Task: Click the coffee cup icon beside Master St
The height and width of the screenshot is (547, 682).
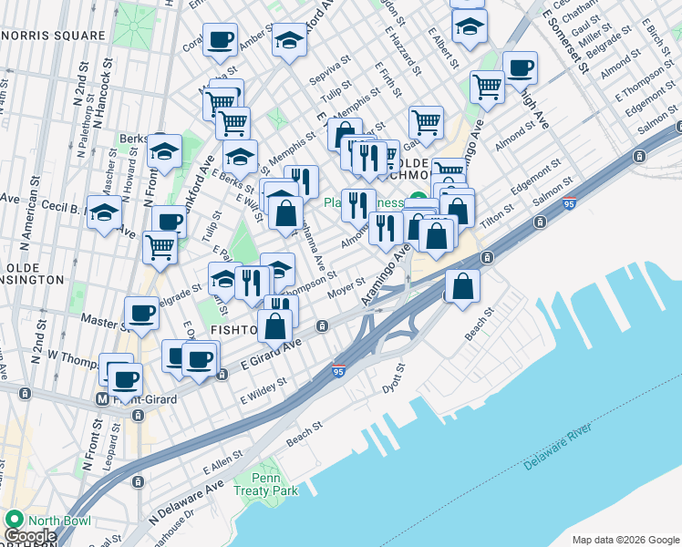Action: tap(141, 313)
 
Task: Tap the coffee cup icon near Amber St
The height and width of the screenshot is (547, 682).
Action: tap(220, 39)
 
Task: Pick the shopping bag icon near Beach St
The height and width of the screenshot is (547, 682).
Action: tap(463, 285)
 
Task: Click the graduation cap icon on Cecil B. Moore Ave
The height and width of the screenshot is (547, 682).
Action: tap(105, 212)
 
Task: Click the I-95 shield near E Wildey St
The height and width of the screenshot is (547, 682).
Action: tap(338, 372)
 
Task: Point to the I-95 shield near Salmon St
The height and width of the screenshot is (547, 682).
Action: tap(569, 202)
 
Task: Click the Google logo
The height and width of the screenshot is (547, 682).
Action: tap(29, 536)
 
